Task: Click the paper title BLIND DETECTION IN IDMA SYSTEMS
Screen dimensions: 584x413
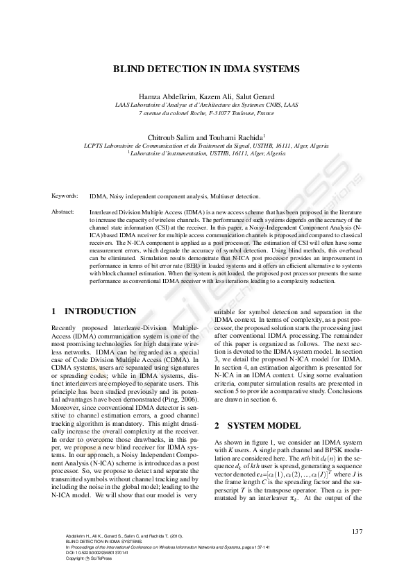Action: point(206,69)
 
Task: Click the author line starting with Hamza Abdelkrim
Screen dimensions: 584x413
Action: point(206,96)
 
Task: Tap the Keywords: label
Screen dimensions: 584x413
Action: point(65,197)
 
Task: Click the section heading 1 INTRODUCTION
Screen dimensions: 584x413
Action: point(94,312)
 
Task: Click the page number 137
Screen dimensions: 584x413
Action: point(357,532)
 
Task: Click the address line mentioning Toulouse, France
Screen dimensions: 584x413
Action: point(206,112)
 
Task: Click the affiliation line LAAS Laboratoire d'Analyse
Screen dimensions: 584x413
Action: point(206,105)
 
